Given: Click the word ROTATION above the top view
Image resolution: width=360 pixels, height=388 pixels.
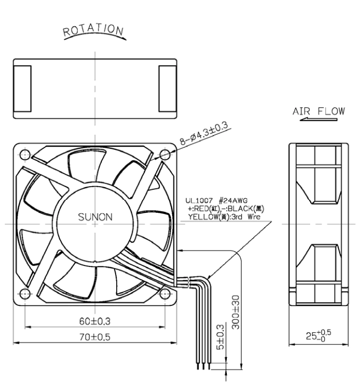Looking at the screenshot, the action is coord(93,30).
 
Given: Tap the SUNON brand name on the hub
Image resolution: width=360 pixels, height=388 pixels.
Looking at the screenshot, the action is coord(95,217).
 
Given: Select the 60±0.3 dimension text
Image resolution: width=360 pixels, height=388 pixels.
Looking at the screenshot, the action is coord(95,321).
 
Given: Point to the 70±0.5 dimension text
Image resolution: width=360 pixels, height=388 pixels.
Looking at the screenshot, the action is coord(95,337).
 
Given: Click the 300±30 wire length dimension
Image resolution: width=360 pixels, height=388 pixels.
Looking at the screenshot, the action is coord(236,312).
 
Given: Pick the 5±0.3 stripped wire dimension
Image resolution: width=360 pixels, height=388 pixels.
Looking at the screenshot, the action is coord(220,337).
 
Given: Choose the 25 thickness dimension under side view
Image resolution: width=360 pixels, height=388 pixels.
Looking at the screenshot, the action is coord(318,335).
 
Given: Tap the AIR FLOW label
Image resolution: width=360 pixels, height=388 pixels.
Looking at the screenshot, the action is coord(318,111).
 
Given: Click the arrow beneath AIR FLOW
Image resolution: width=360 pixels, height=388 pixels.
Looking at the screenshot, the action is coord(318,120).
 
